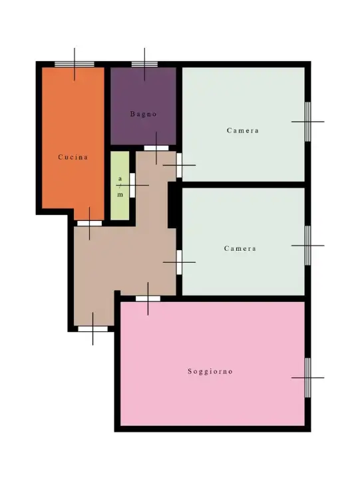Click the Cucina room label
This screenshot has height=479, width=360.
[73, 158]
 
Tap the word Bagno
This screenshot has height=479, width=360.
[143, 114]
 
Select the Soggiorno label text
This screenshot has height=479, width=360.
[210, 371]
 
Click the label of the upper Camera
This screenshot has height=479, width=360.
[242, 130]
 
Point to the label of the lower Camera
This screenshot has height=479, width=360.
[240, 248]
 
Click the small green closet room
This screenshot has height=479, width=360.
[119, 186]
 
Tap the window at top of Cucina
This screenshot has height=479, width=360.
[74, 65]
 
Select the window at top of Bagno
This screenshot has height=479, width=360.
[144, 65]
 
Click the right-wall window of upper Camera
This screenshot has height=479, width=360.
[307, 122]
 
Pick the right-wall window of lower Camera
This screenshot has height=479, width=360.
[307, 245]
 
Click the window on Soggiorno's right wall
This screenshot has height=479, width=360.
[307, 377]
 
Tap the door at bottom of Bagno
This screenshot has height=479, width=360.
[156, 148]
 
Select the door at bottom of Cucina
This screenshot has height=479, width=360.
[89, 223]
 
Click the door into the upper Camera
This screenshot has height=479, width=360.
[179, 165]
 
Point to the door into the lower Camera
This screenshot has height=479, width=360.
[179, 261]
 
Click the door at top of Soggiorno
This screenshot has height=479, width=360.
[148, 299]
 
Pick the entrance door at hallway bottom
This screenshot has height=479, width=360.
[92, 329]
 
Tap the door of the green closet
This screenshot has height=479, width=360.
[132, 185]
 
